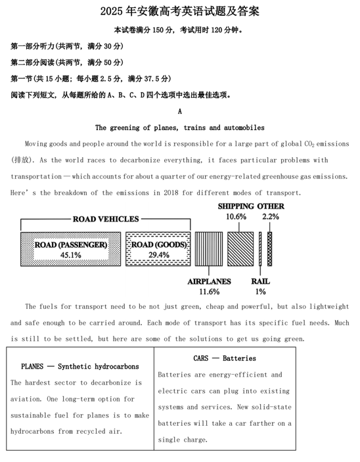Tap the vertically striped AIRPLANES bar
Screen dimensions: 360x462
(208, 248)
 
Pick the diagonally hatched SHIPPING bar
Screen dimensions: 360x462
(240, 248)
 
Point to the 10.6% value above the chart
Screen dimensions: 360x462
(236, 216)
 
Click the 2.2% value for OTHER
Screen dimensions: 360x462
(270, 216)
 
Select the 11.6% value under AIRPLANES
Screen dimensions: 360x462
(209, 292)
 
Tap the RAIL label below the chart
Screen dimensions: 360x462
(260, 281)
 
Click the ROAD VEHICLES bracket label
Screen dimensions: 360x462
(106, 219)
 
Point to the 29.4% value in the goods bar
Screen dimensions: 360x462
(158, 255)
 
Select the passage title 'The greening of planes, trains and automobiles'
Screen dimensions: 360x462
(179, 127)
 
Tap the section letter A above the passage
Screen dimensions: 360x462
(180, 111)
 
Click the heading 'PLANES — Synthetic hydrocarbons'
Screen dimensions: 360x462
(80, 366)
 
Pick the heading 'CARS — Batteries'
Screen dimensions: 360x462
(225, 358)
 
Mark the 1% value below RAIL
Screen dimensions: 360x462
(260, 292)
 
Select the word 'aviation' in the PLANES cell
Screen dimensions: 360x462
(27, 399)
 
